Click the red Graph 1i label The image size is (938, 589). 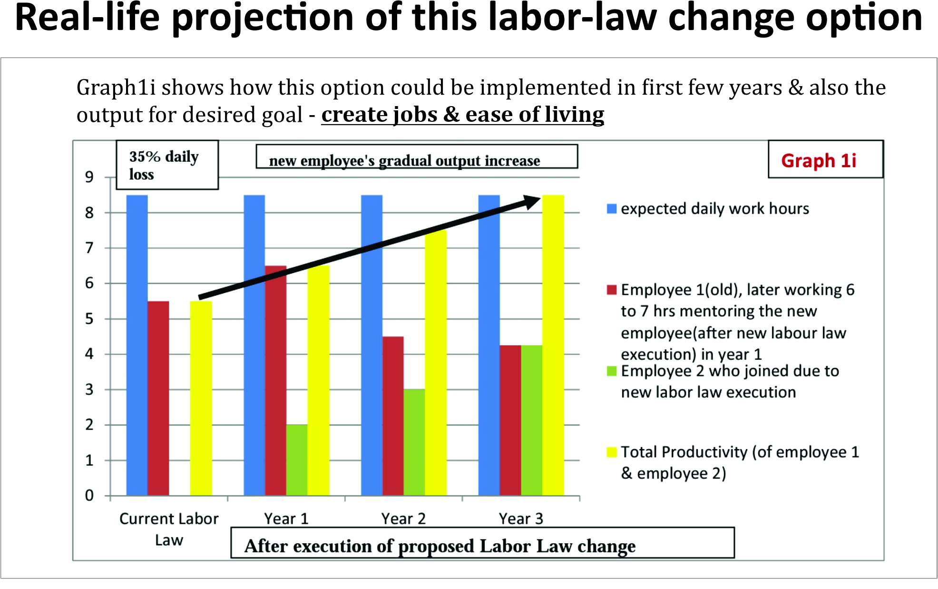pyautogui.click(x=819, y=161)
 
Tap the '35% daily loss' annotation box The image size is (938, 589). pyautogui.click(x=167, y=165)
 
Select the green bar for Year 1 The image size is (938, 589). pyautogui.click(x=297, y=460)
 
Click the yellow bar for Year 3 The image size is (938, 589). pyautogui.click(x=553, y=345)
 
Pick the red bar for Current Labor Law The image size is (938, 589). pyautogui.click(x=158, y=398)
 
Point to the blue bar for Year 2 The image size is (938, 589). pyautogui.click(x=371, y=345)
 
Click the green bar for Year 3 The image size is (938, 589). pyautogui.click(x=531, y=420)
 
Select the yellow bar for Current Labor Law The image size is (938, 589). pyautogui.click(x=201, y=398)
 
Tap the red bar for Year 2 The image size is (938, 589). pyautogui.click(x=393, y=416)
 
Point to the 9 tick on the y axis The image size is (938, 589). pyautogui.click(x=89, y=177)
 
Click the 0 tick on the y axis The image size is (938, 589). pyautogui.click(x=89, y=496)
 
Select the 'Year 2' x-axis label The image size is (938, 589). pyautogui.click(x=403, y=519)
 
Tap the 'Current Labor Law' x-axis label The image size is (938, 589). pyautogui.click(x=169, y=529)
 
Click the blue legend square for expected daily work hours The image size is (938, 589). pyautogui.click(x=612, y=209)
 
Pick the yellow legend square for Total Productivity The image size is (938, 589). pyautogui.click(x=612, y=452)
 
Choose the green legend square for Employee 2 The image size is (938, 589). pyautogui.click(x=612, y=371)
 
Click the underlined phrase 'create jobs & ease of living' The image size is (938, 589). pyautogui.click(x=462, y=115)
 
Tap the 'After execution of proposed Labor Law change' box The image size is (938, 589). pyautogui.click(x=482, y=543)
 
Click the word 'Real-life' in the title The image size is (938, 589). pyautogui.click(x=87, y=18)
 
